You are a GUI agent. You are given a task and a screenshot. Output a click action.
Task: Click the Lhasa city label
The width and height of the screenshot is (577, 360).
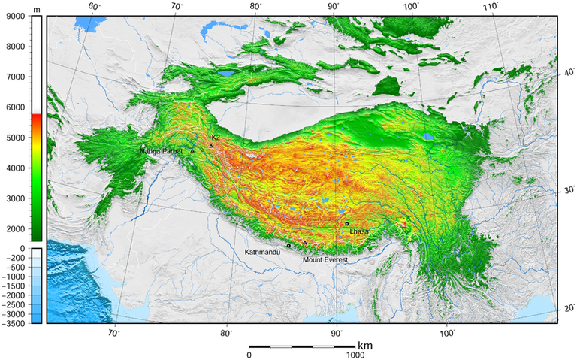[359, 231]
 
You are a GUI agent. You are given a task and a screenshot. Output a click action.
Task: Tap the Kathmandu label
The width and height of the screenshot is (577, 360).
[262, 252]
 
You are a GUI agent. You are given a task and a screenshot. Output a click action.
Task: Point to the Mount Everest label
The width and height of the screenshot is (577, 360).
[326, 260]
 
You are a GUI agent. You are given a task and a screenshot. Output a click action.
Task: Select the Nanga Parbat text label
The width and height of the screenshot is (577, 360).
[161, 151]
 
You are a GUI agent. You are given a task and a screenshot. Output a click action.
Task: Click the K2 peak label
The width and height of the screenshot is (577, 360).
[216, 138]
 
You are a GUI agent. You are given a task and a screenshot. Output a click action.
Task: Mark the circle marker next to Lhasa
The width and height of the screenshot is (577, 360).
[347, 223]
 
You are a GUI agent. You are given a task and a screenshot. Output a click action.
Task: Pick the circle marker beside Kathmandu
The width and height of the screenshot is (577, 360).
[288, 246]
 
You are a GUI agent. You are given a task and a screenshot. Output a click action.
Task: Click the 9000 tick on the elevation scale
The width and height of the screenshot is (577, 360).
[14, 16]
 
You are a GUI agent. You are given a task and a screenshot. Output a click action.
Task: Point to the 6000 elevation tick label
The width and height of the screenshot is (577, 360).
[14, 107]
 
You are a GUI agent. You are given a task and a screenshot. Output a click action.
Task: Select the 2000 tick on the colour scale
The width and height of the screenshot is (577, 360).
[14, 228]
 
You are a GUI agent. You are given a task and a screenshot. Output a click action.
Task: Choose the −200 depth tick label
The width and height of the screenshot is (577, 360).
[14, 257]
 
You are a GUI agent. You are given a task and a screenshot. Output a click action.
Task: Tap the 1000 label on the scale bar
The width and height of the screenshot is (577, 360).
[355, 355]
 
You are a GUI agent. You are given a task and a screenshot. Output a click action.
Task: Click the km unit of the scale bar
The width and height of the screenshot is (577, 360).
[365, 346]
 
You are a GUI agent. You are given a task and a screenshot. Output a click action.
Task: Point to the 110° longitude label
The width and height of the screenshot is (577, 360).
[491, 6]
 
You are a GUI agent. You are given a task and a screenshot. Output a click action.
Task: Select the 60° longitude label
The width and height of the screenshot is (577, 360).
[95, 6]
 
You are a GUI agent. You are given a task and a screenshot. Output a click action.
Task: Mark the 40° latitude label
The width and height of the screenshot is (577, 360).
[569, 74]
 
